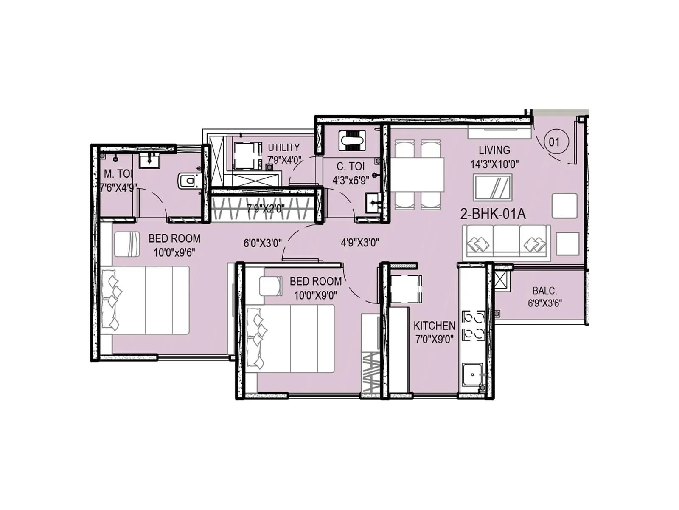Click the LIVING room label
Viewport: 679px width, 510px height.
pos(494,150)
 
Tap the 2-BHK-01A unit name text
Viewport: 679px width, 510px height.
pos(493,214)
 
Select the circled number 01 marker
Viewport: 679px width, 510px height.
pos(554,142)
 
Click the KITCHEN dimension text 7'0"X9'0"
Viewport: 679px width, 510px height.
pos(434,339)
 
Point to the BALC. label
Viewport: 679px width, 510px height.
pos(544,291)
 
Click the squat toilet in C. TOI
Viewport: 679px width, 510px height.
pos(352,140)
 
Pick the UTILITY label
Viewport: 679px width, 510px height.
pos(283,147)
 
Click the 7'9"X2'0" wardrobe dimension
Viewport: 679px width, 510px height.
pos(266,209)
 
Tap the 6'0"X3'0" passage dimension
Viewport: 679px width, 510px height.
pos(263,243)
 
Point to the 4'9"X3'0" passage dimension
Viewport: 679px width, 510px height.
pos(360,243)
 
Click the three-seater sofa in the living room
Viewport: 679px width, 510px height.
pos(506,243)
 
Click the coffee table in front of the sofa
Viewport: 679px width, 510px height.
pos(493,187)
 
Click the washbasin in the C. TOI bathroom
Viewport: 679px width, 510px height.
pos(373,203)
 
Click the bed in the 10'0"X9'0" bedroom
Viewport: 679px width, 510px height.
pos(290,339)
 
